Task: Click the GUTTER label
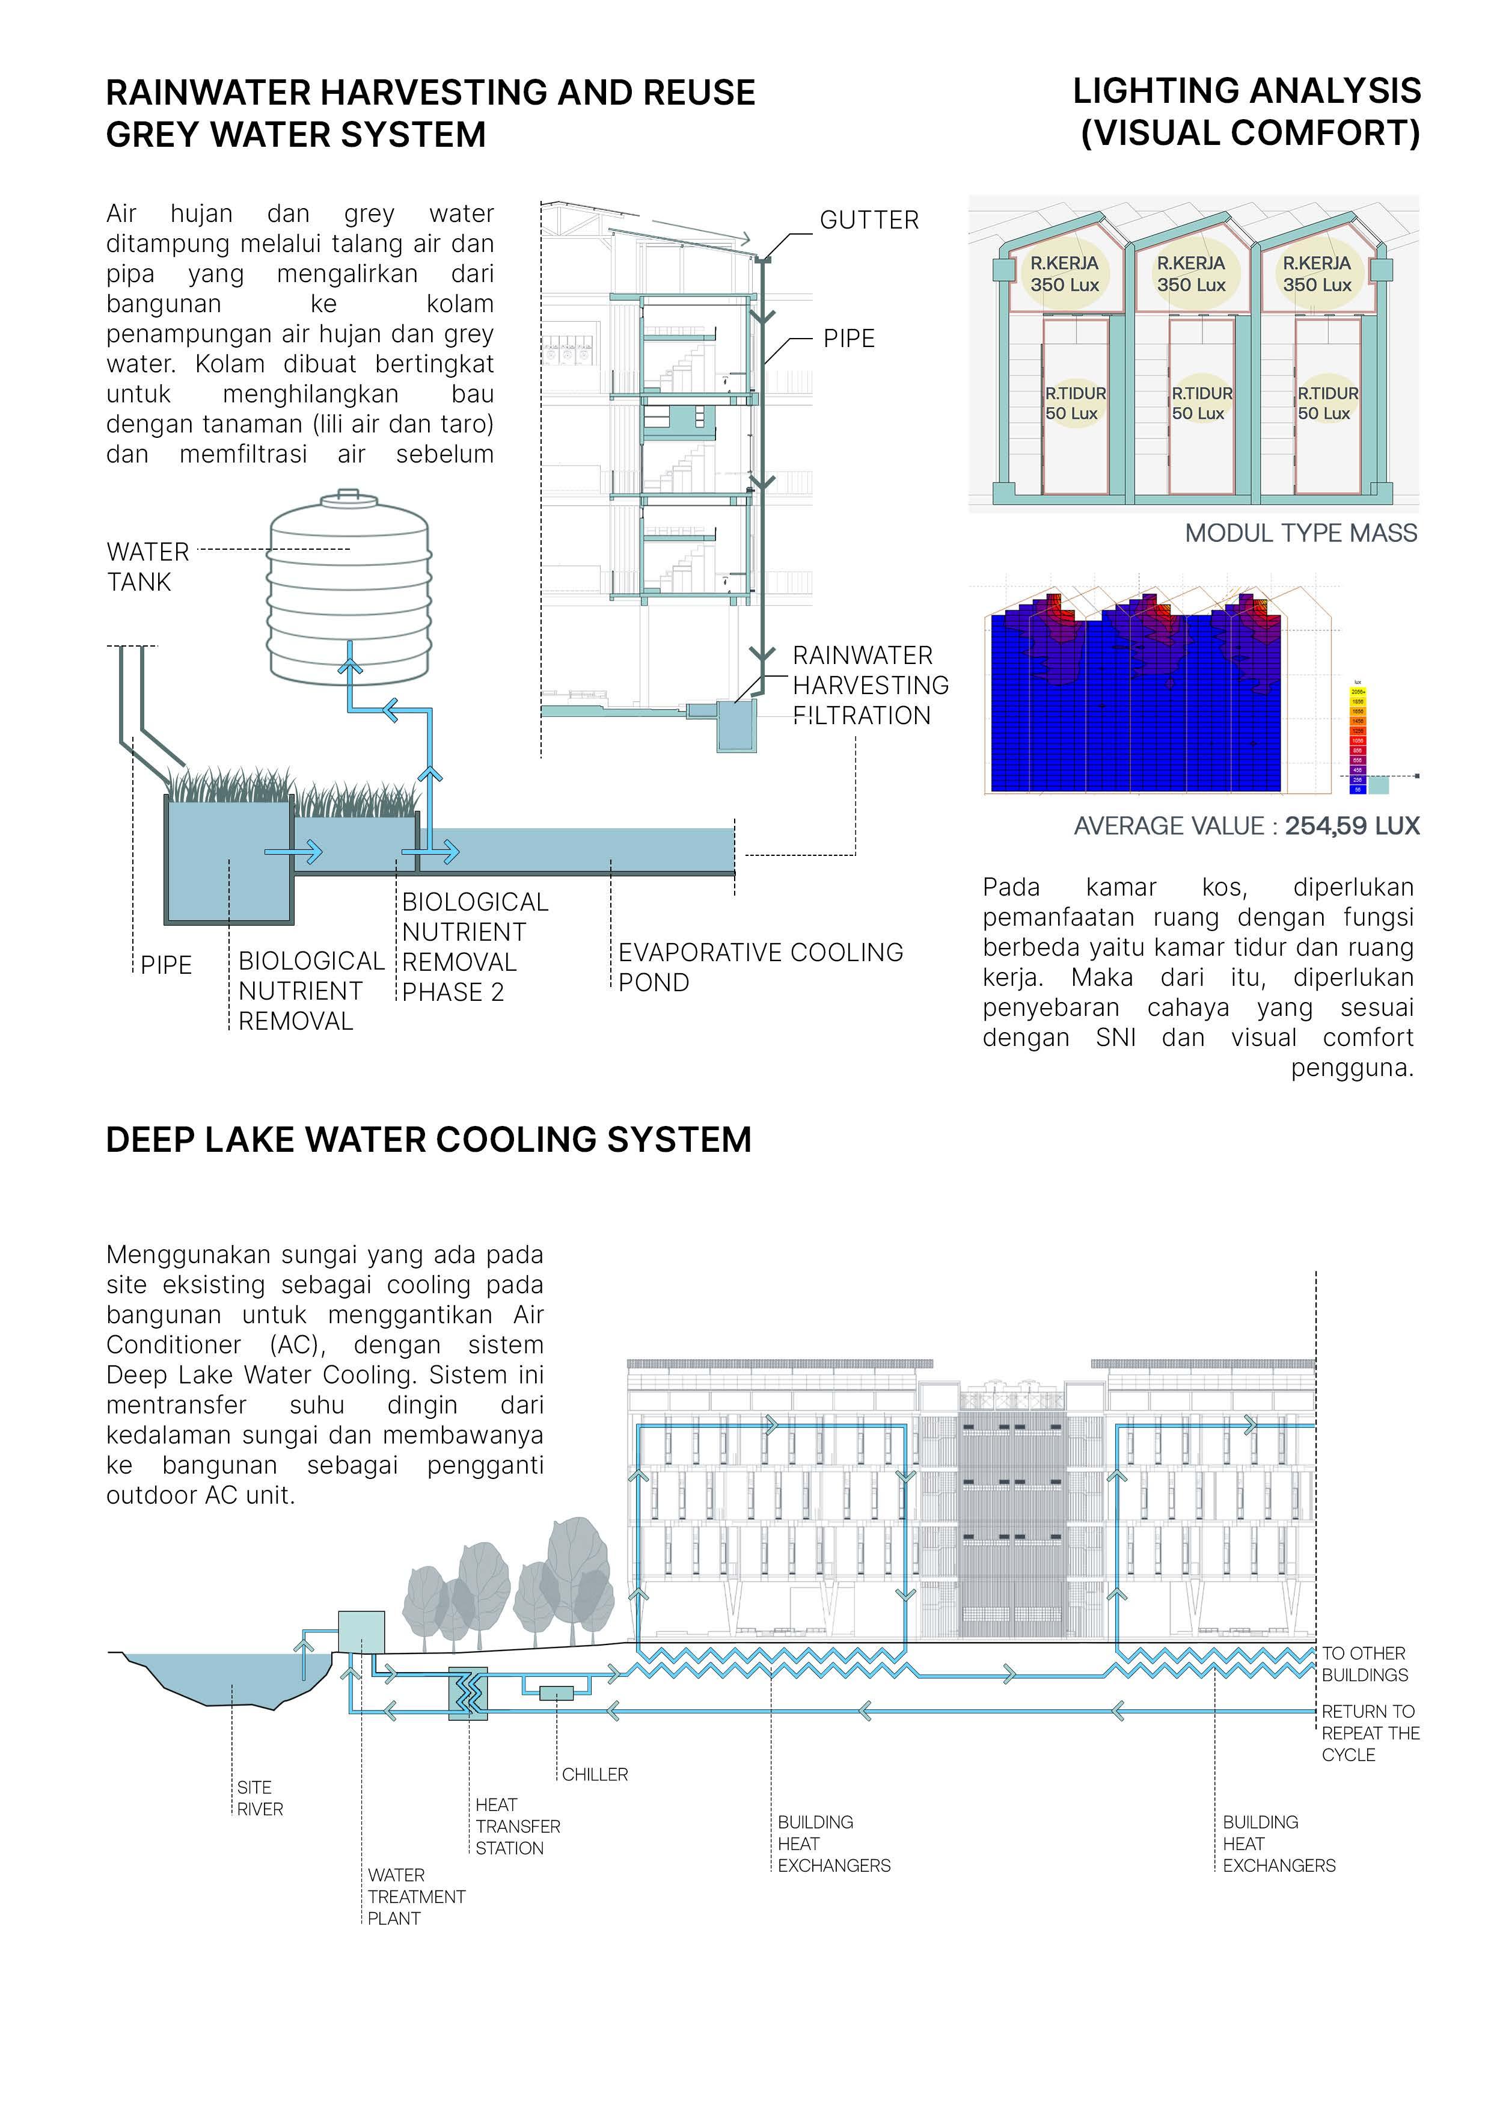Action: pyautogui.click(x=868, y=221)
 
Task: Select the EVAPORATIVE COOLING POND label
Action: pyautogui.click(x=760, y=967)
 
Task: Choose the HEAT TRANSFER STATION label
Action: pyautogui.click(x=517, y=1826)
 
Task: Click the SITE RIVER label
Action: pyautogui.click(x=260, y=1798)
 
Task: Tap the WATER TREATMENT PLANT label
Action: pyautogui.click(x=415, y=1896)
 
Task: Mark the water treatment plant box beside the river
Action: pyautogui.click(x=361, y=1632)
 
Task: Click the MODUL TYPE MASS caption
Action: pyautogui.click(x=1300, y=533)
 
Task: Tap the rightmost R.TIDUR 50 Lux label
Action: pyautogui.click(x=1327, y=403)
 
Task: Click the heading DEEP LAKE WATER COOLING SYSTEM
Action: pyautogui.click(x=428, y=1139)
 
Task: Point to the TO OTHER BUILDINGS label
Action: pyautogui.click(x=1364, y=1664)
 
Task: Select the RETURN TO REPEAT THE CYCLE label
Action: pyautogui.click(x=1370, y=1732)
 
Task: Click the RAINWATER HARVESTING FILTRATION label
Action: pyautogui.click(x=869, y=685)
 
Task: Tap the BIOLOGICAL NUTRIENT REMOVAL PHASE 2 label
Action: pyautogui.click(x=474, y=946)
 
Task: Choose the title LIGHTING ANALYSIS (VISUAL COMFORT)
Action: pyautogui.click(x=1246, y=112)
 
